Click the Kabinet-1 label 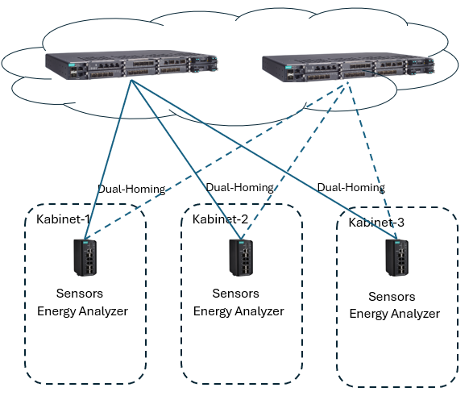point(63,219)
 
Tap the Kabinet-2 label point(220,219)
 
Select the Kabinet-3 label point(376,223)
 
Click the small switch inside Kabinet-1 point(85,257)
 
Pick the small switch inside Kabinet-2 point(241,257)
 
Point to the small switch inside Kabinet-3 point(397,257)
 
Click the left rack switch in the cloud point(132,65)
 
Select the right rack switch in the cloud point(348,68)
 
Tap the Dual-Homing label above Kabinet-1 point(131,190)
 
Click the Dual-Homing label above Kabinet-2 point(240,187)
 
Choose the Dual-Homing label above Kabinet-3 point(351,187)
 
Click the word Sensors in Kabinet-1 point(80,294)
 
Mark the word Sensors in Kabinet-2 point(235,294)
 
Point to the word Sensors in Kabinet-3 point(392,297)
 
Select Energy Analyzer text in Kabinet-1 point(82,311)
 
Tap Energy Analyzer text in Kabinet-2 point(239,311)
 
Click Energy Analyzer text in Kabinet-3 point(395,314)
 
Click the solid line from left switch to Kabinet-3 point(264,160)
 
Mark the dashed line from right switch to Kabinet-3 point(372,160)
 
